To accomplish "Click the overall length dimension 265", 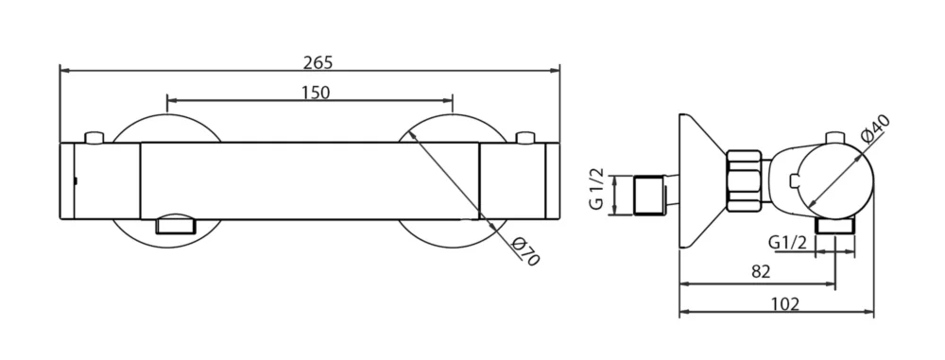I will click(x=318, y=62).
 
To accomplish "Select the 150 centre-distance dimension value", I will click(x=316, y=92).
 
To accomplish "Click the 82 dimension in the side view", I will click(x=762, y=271).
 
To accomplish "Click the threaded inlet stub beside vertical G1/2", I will click(x=649, y=194).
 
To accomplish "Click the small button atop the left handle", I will click(x=94, y=139).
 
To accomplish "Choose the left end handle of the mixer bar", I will click(x=100, y=181).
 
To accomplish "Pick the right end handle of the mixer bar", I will click(x=520, y=181).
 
